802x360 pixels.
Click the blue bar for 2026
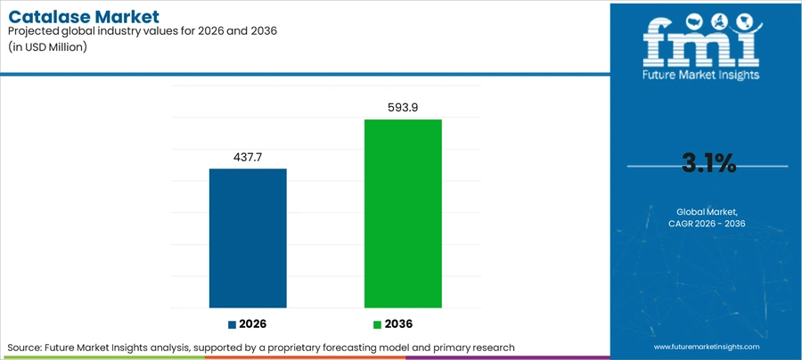[248, 238]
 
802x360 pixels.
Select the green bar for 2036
[403, 214]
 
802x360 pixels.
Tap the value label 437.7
[248, 158]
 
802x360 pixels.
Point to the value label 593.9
[403, 108]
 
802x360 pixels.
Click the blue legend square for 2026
[233, 324]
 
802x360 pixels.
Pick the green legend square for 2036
[378, 324]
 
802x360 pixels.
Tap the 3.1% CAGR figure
[709, 164]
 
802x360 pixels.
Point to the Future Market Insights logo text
[700, 75]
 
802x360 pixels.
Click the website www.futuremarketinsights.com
[707, 347]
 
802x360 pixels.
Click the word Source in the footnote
[24, 348]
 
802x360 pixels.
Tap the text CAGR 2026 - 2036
[707, 224]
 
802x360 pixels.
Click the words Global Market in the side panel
[707, 211]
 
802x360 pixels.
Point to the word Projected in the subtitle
[30, 31]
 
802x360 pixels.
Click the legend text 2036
[398, 324]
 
